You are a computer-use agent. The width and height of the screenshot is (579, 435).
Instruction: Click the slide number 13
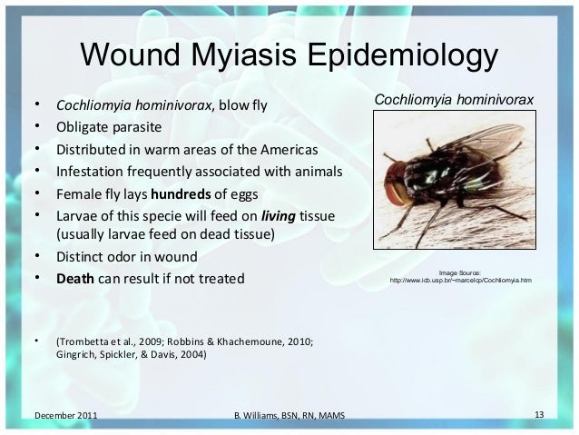(x=538, y=416)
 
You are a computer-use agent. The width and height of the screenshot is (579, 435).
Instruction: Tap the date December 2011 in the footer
(x=66, y=417)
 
